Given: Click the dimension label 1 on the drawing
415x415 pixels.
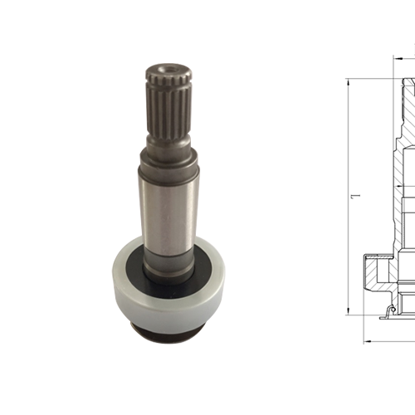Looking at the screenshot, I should pos(354,197).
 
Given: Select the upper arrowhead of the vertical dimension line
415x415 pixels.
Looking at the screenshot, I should pos(349,81).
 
